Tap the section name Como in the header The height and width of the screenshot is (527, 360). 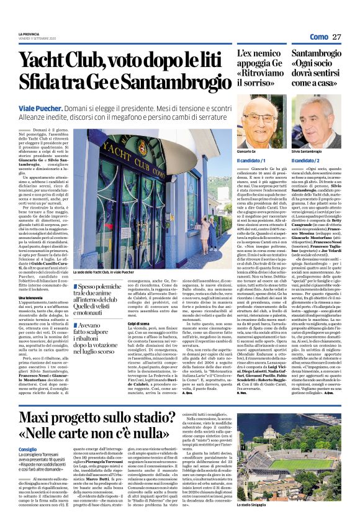(318, 37)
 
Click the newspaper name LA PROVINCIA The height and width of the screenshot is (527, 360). (28, 34)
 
